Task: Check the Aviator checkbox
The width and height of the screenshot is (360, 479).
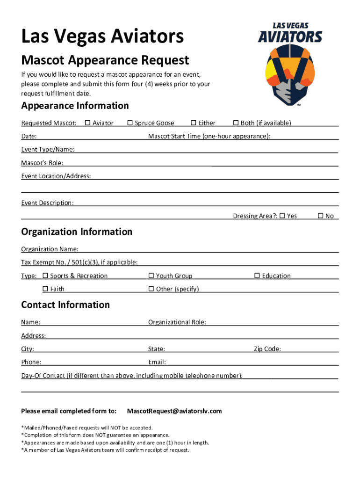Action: coord(87,123)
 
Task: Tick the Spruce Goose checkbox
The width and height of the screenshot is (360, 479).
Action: coord(130,123)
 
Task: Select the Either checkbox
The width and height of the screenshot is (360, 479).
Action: coord(194,123)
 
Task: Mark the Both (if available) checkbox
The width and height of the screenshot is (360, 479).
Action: coord(236,123)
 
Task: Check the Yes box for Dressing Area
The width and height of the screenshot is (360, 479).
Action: coord(282,216)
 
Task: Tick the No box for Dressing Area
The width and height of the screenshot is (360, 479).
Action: coord(320,216)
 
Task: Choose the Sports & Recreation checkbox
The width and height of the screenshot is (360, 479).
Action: coord(45,276)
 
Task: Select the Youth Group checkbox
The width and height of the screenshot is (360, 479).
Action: coord(151,276)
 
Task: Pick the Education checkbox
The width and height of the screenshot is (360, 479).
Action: coord(257,276)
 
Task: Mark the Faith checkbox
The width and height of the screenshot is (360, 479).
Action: coord(45,289)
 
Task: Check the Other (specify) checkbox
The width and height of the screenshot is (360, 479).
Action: coord(151,289)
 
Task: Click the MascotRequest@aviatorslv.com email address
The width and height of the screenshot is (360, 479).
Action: coord(174,411)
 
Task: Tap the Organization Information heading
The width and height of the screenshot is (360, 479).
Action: coord(77,232)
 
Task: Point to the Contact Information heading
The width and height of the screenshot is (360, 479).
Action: coord(65,305)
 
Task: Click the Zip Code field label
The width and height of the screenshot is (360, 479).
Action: coord(267,349)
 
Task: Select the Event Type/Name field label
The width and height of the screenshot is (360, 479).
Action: coord(47,150)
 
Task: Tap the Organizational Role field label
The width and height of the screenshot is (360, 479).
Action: coord(177,322)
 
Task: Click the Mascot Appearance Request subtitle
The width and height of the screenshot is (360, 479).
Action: coord(105,60)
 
